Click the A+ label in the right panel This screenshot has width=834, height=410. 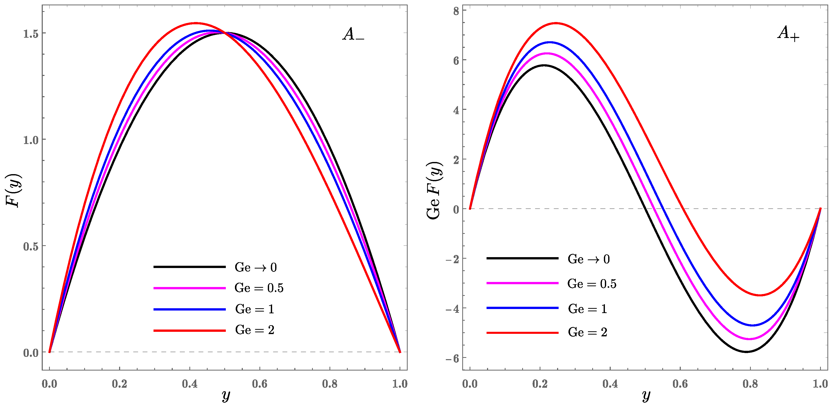click(788, 33)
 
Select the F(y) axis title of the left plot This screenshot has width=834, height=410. click(14, 191)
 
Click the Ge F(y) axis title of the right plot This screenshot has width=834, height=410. click(434, 191)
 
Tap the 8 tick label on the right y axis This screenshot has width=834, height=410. click(456, 11)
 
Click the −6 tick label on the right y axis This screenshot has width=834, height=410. click(452, 358)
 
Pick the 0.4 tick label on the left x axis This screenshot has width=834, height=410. click(189, 384)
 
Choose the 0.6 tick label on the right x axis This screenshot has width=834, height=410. click(680, 384)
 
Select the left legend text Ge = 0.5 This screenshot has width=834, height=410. click(259, 288)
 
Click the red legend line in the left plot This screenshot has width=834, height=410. click(189, 331)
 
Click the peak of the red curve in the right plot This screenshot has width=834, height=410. click(556, 23)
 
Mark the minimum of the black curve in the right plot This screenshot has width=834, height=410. click(746, 352)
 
